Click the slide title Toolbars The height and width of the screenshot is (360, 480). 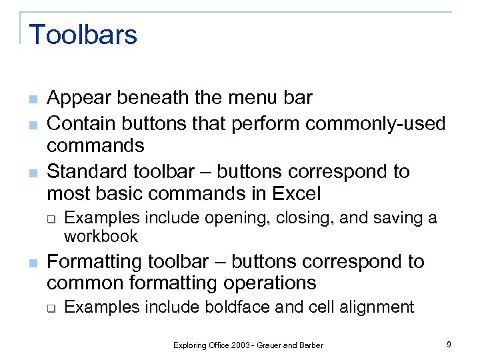click(x=83, y=34)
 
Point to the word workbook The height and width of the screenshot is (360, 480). click(x=101, y=236)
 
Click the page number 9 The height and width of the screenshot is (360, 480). click(x=449, y=344)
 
